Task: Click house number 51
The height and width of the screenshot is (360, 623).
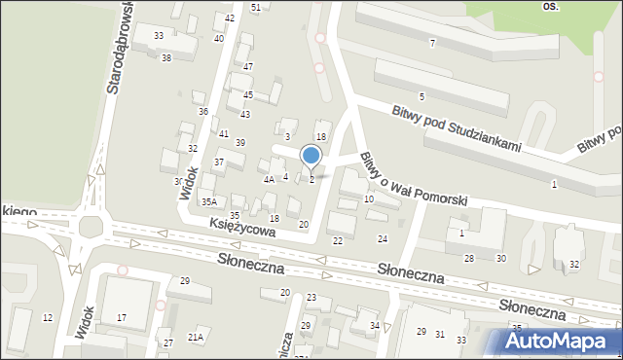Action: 255,8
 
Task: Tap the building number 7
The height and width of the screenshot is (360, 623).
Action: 432,43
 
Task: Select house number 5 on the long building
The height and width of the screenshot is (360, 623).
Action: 421,96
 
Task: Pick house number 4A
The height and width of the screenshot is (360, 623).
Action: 269,179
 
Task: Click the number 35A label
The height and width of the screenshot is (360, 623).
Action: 208,202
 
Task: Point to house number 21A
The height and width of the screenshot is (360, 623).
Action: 196,337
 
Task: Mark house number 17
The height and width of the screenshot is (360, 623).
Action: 122,318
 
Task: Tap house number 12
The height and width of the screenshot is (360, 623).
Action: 47,318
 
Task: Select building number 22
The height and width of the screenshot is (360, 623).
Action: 338,240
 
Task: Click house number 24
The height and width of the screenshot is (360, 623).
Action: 383,238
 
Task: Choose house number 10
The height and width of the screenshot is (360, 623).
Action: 368,198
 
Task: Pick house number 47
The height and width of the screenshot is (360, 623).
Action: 248,66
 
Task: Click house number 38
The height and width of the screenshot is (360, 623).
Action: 166,58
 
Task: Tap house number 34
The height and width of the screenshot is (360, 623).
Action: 375,325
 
